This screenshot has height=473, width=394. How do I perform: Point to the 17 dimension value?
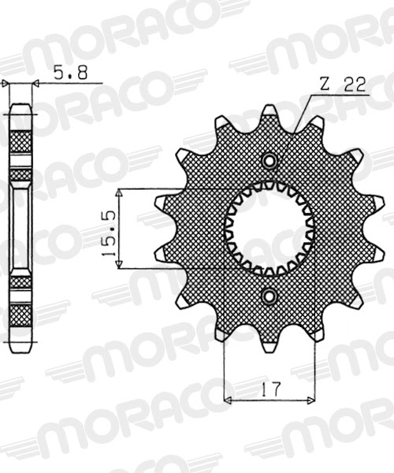tap(269, 389)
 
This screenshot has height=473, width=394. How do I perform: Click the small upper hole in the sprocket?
tap(269, 161)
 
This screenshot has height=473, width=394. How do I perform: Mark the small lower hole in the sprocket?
tap(269, 297)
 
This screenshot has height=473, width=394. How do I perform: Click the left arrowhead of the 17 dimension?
tap(228, 400)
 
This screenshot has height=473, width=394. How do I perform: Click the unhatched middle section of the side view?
tap(21, 229)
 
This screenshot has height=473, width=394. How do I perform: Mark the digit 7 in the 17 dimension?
tap(274, 389)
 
